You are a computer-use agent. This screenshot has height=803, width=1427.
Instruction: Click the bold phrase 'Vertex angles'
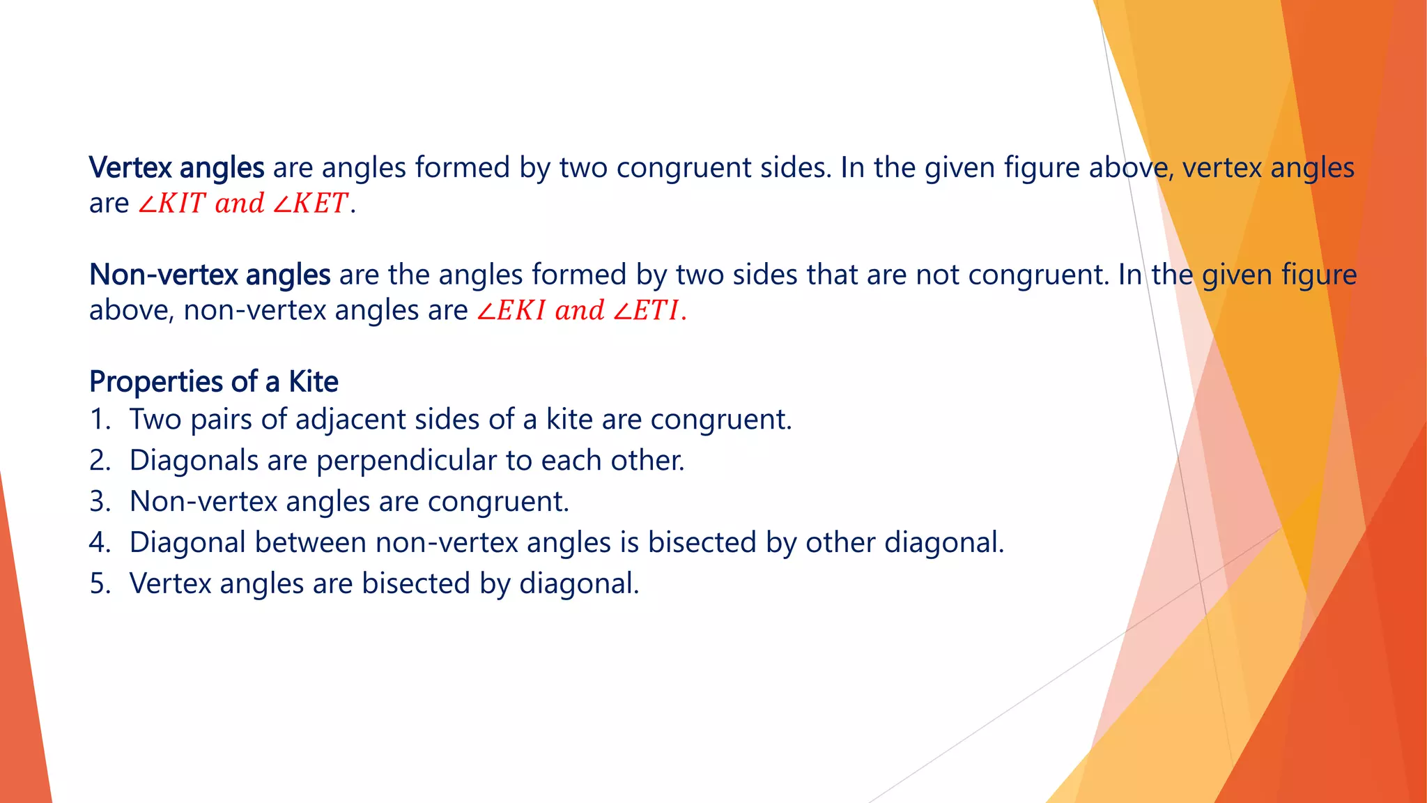pos(176,168)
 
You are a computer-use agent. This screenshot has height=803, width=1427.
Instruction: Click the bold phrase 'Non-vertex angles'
pos(210,275)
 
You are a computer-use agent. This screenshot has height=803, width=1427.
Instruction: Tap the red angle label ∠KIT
pos(171,204)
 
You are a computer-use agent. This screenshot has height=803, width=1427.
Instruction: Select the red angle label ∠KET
pos(310,204)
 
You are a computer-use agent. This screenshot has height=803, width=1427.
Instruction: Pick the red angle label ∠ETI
pos(646,311)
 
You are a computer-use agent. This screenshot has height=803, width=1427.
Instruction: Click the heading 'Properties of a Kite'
pos(213,382)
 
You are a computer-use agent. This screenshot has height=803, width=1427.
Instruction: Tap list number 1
pos(100,420)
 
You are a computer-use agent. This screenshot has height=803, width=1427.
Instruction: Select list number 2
pos(100,461)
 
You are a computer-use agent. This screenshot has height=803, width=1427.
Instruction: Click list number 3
pos(100,502)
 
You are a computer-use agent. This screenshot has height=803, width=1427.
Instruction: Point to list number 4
pos(100,543)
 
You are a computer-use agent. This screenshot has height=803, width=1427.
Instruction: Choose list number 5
pos(100,584)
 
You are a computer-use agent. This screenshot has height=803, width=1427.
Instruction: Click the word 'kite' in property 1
pos(569,420)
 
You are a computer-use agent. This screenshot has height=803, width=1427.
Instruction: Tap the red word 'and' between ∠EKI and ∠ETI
pos(579,311)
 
